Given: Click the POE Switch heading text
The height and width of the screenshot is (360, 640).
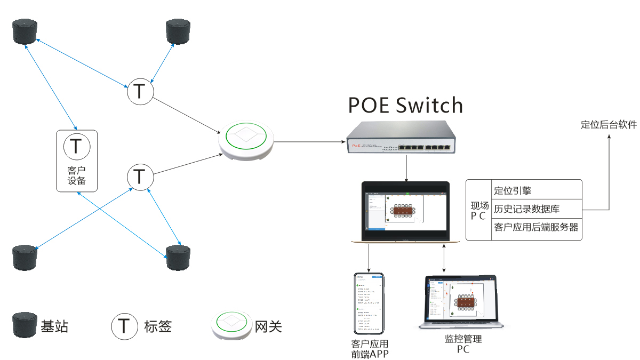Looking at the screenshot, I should click(x=405, y=105).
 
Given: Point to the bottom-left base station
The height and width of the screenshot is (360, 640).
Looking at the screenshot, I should click(x=25, y=258).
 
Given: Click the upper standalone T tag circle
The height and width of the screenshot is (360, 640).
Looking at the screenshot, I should click(x=140, y=92).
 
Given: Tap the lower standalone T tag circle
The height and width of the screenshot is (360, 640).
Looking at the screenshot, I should click(x=140, y=176).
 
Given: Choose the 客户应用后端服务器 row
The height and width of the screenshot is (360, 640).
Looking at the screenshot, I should click(x=536, y=227).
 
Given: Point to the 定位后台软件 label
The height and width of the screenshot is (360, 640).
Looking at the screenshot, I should click(x=609, y=125).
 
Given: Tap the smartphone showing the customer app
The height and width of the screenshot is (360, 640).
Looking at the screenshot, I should click(x=369, y=303).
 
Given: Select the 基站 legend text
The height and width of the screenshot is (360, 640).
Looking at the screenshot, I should click(x=54, y=326).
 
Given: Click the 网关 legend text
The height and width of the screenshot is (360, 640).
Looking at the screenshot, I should click(x=268, y=326).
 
